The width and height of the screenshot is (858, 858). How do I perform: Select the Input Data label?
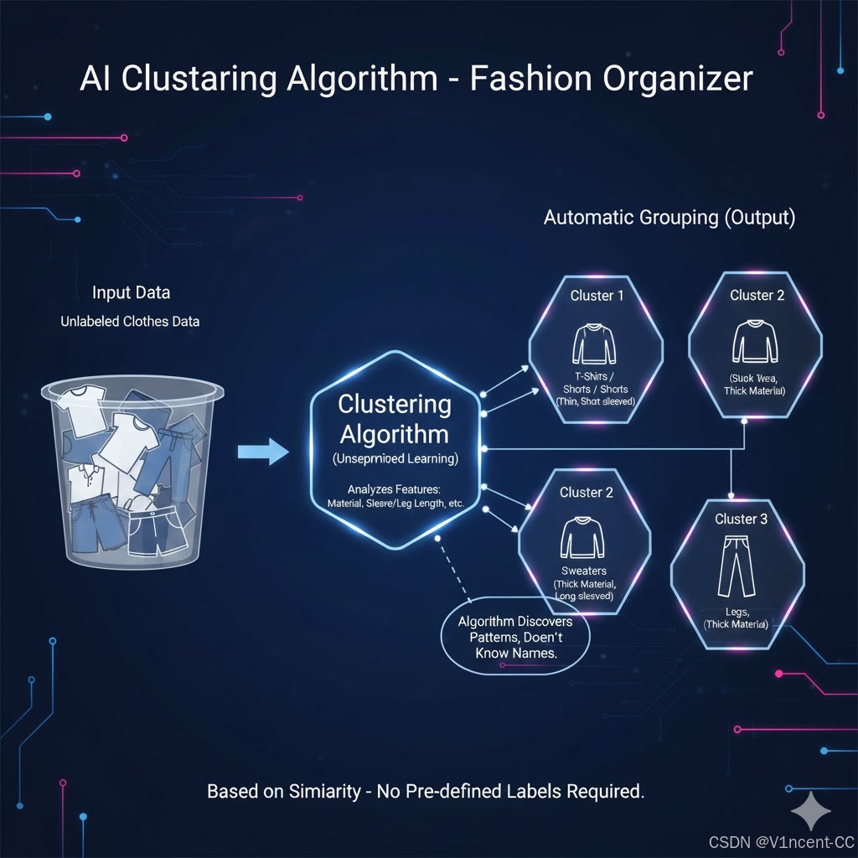coord(131,292)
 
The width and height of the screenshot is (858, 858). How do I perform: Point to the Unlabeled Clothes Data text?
coord(130,321)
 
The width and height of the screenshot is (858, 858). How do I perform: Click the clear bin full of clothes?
coord(134,470)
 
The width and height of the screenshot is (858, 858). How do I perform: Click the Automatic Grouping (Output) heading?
coord(669,218)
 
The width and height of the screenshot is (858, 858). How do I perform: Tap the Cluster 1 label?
coord(597,295)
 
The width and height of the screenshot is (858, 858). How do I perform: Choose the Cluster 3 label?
coord(741,519)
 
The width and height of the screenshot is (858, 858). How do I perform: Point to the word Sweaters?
coord(584,571)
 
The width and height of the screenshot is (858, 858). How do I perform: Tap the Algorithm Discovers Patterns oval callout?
coord(515,637)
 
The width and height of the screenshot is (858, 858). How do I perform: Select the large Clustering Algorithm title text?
coord(394,419)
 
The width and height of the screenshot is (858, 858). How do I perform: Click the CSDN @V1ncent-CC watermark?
coord(778,841)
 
